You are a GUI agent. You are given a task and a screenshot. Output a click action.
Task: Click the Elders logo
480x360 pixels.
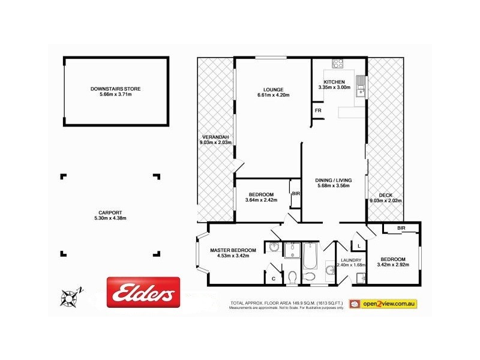coord(143,293)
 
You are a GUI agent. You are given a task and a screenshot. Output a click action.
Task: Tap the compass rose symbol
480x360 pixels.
coord(71,296)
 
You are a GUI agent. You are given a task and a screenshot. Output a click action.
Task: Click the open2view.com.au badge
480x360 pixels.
coord(383,304)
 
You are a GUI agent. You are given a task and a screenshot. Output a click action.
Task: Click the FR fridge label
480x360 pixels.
coord(317,111)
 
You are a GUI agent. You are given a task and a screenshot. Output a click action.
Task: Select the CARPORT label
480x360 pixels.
coord(110,212)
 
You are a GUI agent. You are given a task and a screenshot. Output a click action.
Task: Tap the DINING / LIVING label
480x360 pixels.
coord(333,180)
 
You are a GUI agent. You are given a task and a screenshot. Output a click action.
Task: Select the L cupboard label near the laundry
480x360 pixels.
coord(358,246)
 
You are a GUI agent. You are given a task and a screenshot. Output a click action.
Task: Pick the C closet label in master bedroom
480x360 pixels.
coord(273,278)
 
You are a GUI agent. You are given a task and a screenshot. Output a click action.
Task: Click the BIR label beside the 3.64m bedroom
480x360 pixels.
coord(296,194)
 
